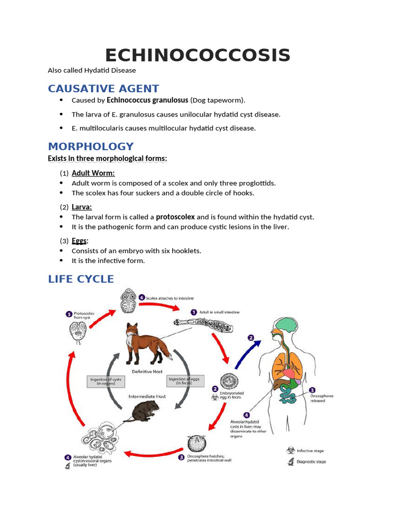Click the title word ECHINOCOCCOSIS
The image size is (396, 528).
[x=197, y=55]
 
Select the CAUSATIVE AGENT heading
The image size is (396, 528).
[x=104, y=88]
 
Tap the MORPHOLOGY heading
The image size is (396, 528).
[x=91, y=146]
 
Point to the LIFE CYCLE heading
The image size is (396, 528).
[x=81, y=279]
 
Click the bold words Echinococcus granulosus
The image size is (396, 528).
[x=147, y=100]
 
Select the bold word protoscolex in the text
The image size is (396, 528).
[x=175, y=217]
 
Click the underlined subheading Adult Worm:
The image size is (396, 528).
[x=93, y=173]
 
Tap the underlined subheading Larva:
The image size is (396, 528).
[x=82, y=207]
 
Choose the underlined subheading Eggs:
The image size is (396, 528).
[x=80, y=241]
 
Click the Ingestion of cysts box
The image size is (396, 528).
[x=107, y=382]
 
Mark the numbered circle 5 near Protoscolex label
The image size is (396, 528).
[x=68, y=314]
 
